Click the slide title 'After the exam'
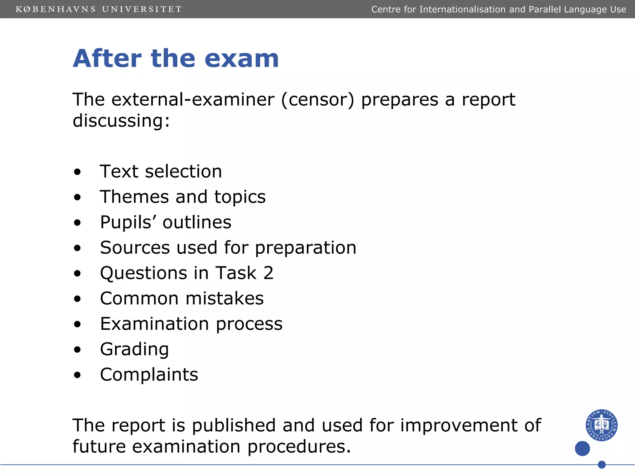(176, 59)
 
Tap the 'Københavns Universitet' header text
(99, 9)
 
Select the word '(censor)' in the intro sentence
(317, 100)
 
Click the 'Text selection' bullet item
(161, 171)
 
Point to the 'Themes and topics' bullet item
(183, 197)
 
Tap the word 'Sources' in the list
(135, 248)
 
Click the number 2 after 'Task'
(269, 273)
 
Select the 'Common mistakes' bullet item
(182, 298)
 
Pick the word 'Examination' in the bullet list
(154, 324)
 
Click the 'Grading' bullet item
(134, 350)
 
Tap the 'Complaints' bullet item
(149, 375)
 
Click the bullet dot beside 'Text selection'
(77, 172)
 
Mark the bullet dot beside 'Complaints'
(77, 375)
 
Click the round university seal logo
(602, 425)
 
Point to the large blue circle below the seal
(582, 448)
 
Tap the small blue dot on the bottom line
(602, 465)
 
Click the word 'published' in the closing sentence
(233, 425)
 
